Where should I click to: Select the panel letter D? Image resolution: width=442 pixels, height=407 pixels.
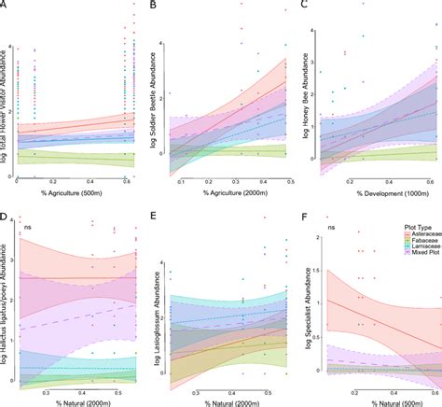click(x=5, y=217)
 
